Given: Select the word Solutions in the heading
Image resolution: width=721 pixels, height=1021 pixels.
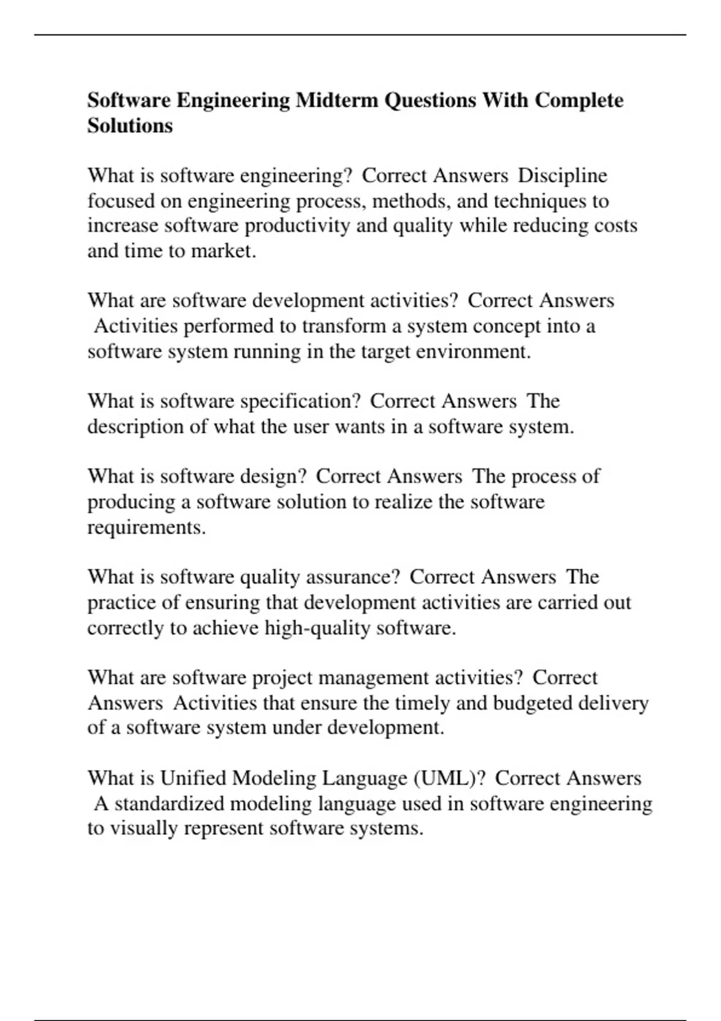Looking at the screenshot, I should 130,126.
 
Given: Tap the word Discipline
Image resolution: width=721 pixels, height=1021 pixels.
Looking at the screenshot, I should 562,176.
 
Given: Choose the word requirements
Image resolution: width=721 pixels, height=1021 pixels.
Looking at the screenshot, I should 146,527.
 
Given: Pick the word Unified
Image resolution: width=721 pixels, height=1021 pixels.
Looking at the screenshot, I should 193,778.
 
